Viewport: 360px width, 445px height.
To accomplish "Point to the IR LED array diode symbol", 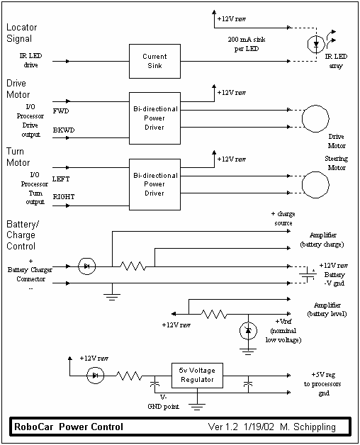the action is point(316,44).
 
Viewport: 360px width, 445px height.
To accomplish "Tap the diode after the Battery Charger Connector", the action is point(86,266).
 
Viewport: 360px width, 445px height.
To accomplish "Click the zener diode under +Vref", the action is point(249,331).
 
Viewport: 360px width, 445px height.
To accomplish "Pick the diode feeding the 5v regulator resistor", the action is point(95,376).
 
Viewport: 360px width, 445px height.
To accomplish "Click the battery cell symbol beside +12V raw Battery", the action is point(308,274).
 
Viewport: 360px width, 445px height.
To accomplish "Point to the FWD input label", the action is point(61,111).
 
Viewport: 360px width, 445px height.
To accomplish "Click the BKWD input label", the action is point(64,130).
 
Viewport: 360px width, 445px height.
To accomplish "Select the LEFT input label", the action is point(61,179).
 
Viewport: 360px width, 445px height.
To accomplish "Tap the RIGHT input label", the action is point(64,197).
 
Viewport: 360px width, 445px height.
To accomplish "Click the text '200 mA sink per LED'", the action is point(247,44).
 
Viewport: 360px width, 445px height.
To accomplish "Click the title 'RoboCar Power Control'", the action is point(69,427).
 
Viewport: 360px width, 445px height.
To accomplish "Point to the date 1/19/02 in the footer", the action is point(259,427).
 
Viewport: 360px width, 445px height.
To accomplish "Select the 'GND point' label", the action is point(163,407).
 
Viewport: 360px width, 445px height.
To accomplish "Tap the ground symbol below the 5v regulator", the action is point(197,407).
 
